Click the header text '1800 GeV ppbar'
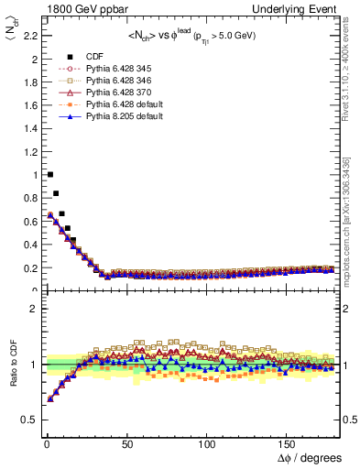point(71,8)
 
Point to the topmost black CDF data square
point(49,174)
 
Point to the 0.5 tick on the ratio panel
point(28,420)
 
